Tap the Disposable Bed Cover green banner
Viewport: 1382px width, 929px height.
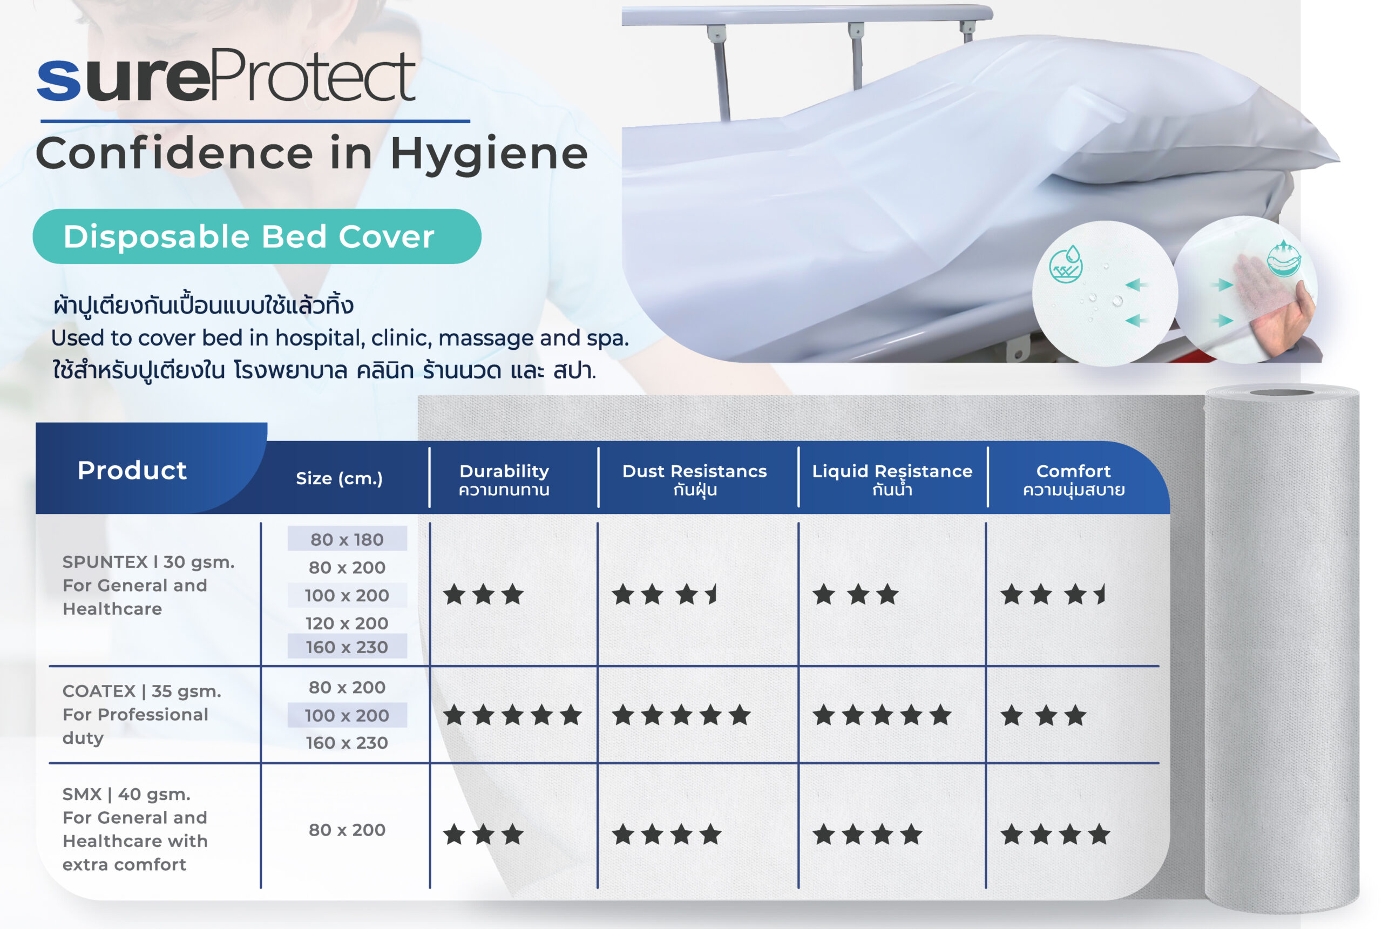(256, 236)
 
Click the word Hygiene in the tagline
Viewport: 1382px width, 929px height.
(489, 154)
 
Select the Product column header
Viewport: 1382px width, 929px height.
(132, 470)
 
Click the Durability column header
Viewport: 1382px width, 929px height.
(504, 479)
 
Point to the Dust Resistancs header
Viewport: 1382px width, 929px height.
(694, 479)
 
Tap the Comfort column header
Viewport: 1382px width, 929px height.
(1073, 479)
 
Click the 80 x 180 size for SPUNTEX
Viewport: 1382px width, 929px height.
(347, 539)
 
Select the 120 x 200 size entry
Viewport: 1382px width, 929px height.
(347, 623)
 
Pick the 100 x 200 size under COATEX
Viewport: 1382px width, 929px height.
(347, 715)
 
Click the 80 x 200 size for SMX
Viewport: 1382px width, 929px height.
(347, 830)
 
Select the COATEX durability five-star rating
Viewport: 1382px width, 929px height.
(512, 715)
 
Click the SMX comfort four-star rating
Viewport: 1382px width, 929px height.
(1055, 835)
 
